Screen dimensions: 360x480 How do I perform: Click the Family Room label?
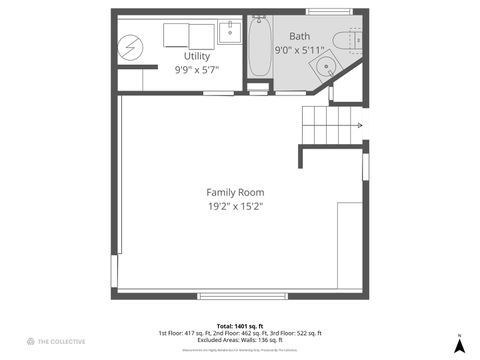pos(235,192)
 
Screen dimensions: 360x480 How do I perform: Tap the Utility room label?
pos(196,56)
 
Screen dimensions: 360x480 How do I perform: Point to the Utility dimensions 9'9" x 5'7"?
pos(196,70)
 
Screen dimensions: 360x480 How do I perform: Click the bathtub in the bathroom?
pos(259,48)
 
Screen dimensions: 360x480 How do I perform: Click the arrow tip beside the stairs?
pos(360,126)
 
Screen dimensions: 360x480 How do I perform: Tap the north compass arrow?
pos(458,346)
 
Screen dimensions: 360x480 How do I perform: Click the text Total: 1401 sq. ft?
pos(239,326)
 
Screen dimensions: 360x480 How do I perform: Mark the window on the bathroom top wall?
pos(325,11)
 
